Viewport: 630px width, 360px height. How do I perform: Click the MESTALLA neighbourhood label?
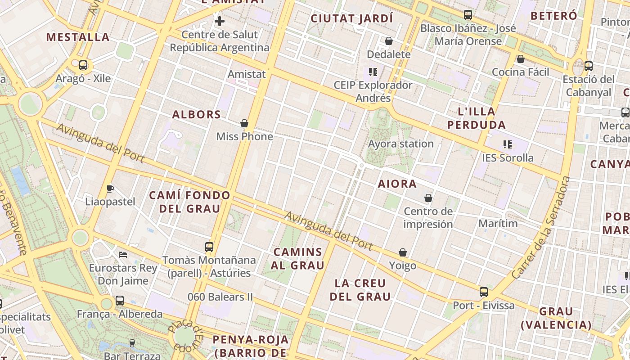78,37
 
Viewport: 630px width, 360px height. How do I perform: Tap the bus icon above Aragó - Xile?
83,65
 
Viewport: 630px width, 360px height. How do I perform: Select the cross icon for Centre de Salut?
220,21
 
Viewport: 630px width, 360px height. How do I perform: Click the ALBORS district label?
197,114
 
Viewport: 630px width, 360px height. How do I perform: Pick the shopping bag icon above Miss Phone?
244,123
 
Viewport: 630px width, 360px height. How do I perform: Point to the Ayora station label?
400,144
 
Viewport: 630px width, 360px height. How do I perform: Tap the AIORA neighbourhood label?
397,184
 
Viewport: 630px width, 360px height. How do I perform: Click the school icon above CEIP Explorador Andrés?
372,72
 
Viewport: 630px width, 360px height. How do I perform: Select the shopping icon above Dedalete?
389,41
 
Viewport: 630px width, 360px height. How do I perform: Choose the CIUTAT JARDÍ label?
352,18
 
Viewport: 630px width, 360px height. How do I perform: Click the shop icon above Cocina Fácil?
521,58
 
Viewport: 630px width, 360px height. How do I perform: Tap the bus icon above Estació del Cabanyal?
589,66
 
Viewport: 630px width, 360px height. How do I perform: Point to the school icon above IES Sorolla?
508,144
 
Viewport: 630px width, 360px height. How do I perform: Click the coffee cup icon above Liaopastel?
110,188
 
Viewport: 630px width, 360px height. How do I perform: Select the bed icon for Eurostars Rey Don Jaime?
123,255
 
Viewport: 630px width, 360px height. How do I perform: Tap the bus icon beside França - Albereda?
120,301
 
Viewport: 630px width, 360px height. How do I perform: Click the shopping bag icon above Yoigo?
403,252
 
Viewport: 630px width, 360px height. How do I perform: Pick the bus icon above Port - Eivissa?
484,292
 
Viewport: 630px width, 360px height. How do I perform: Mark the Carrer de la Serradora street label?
541,227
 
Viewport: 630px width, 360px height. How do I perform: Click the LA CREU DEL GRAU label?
360,290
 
